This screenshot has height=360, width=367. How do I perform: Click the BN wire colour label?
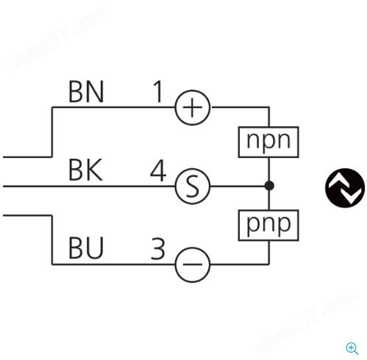click(x=86, y=92)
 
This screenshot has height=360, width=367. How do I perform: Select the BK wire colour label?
click(x=85, y=170)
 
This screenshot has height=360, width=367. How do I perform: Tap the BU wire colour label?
click(x=86, y=248)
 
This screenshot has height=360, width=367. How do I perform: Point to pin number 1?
click(x=158, y=92)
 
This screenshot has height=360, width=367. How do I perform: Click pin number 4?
click(x=158, y=170)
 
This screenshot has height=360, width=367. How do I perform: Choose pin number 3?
click(x=158, y=249)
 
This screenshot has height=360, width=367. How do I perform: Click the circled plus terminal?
click(x=193, y=107)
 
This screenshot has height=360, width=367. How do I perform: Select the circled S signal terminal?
click(x=193, y=186)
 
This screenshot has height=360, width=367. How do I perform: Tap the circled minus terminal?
click(x=193, y=264)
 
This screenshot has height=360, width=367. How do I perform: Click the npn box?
click(x=268, y=142)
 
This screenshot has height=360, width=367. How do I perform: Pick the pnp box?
click(x=268, y=226)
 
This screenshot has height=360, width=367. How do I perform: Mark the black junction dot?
click(x=269, y=186)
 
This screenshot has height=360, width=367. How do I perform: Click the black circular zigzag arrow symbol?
click(x=345, y=188)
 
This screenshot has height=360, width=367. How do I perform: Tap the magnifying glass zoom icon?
click(x=352, y=348)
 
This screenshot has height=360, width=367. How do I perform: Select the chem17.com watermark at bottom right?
click(x=307, y=320)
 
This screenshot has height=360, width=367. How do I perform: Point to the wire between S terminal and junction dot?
click(x=238, y=186)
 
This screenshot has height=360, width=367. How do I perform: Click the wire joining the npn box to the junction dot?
click(x=269, y=169)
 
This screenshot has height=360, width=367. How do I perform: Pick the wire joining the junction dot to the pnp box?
click(x=269, y=201)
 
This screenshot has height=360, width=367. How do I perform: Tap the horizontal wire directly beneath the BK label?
click(x=89, y=187)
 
